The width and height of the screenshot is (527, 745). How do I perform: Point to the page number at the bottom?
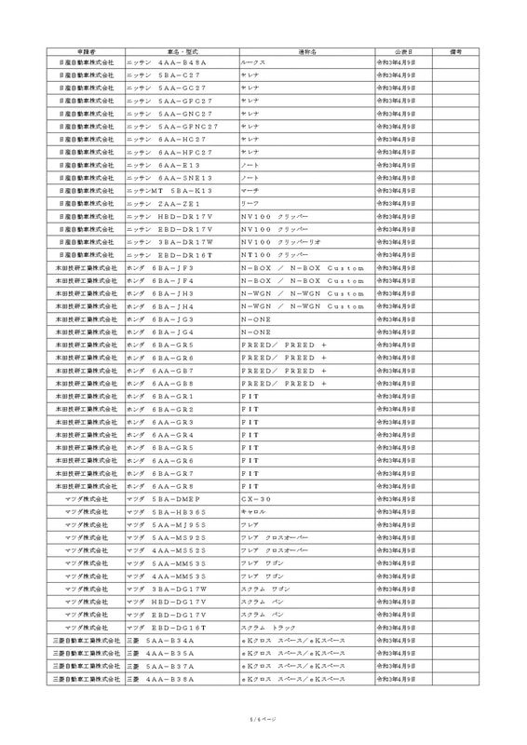[263, 718]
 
